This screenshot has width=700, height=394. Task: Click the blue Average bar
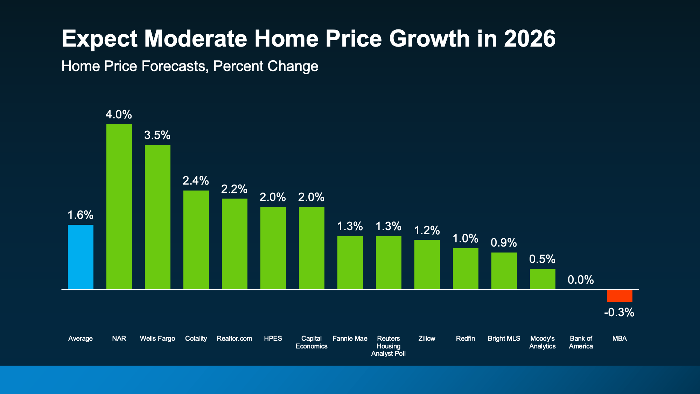click(x=80, y=257)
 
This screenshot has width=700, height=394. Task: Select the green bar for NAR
click(x=119, y=207)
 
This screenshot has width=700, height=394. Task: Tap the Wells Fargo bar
click(x=157, y=217)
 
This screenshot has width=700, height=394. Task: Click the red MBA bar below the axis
click(x=619, y=296)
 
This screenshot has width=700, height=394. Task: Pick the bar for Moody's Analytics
click(x=542, y=279)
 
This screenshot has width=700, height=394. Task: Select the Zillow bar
click(x=427, y=264)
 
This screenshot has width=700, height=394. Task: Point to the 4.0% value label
click(x=119, y=115)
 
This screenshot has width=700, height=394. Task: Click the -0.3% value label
click(x=619, y=312)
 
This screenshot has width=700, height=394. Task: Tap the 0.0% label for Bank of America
click(x=581, y=280)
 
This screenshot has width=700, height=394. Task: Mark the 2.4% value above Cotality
click(x=196, y=181)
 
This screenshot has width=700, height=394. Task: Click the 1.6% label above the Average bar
click(x=80, y=215)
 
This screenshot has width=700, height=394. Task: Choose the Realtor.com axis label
click(x=234, y=339)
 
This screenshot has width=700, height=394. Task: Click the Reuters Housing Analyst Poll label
click(x=388, y=346)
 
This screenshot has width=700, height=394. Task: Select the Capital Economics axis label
click(x=311, y=342)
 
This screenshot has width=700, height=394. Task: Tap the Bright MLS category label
click(x=504, y=339)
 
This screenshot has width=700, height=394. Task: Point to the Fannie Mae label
click(x=350, y=339)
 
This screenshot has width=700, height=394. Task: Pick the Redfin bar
click(x=465, y=269)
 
